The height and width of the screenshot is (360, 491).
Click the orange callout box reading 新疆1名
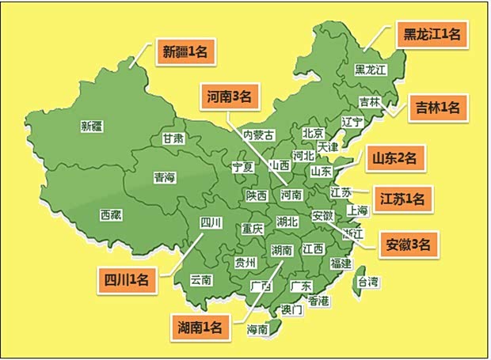[x=185, y=52]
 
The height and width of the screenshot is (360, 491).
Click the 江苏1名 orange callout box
[x=402, y=199]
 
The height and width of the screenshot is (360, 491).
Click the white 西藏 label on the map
[x=112, y=214]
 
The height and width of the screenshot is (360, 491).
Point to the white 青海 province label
[x=165, y=177]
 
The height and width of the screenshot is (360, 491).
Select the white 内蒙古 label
[x=258, y=135]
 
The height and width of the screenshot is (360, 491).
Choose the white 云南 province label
[x=201, y=279]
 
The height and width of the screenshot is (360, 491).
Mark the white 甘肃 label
[x=173, y=138]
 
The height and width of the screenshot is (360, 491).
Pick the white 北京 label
[x=313, y=133]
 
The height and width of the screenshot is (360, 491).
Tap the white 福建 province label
[x=341, y=263]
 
